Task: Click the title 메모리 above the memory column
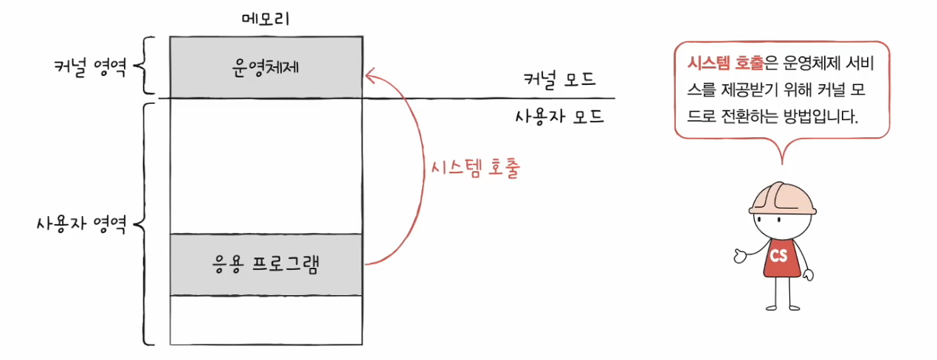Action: pyautogui.click(x=266, y=18)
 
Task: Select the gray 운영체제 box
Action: pyautogui.click(x=266, y=66)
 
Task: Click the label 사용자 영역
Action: pyautogui.click(x=81, y=222)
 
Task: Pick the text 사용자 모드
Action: pyautogui.click(x=559, y=116)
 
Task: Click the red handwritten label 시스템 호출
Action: pyautogui.click(x=476, y=169)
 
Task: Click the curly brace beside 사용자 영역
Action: pyautogui.click(x=143, y=223)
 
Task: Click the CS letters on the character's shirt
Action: pyautogui.click(x=778, y=256)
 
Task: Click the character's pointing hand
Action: pyautogui.click(x=740, y=256)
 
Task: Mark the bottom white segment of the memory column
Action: pyautogui.click(x=266, y=319)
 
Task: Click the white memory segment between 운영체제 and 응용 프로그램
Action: pyautogui.click(x=266, y=166)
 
